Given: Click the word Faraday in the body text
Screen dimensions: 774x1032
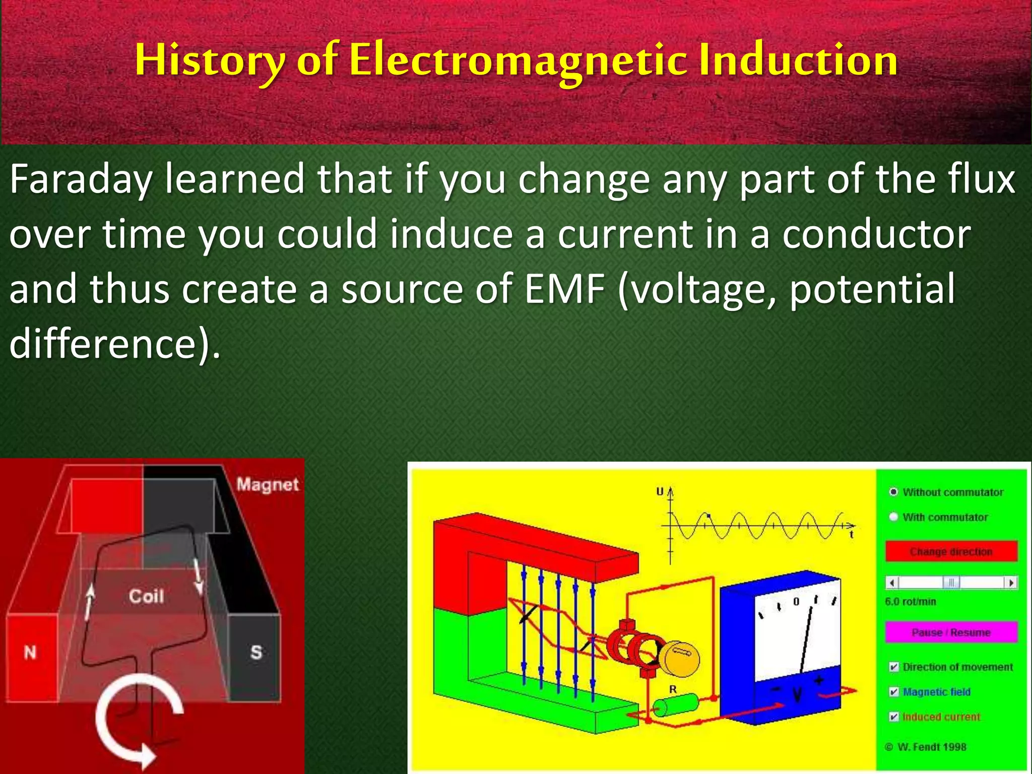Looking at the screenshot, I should point(81,179).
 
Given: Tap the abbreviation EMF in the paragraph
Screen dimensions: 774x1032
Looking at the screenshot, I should point(564,289).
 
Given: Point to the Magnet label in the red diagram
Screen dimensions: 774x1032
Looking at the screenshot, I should point(268,484).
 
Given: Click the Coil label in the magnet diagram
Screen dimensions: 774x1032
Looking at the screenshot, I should point(146,596).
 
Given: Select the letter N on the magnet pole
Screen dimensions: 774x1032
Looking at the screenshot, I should point(30,653).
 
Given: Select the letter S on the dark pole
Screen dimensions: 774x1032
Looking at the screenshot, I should point(256,652).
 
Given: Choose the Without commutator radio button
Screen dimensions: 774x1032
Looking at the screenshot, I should point(893,492).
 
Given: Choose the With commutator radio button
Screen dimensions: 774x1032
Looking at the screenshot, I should point(893,517).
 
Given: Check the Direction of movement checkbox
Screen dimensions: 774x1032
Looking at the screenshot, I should point(894,667).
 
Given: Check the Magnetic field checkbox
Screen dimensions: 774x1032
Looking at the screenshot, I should point(894,691).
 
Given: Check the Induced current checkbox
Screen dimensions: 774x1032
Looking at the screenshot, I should point(894,717).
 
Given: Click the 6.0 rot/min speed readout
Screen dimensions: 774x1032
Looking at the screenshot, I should point(910,602).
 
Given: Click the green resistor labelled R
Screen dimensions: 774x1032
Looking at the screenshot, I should point(675,705).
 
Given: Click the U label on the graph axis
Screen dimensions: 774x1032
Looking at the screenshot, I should point(660,491).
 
